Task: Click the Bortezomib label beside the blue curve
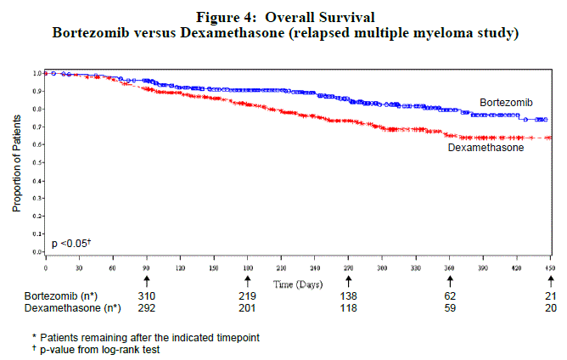(x=506, y=103)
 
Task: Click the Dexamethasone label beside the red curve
(x=486, y=147)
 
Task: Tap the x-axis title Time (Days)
(x=297, y=282)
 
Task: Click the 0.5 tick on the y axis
(x=36, y=162)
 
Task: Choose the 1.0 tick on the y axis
(x=36, y=73)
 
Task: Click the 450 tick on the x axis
(x=550, y=267)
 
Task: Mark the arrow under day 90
(x=146, y=279)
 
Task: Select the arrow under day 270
(x=348, y=279)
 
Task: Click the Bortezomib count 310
(x=146, y=295)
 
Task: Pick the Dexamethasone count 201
(x=248, y=307)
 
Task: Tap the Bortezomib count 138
(x=348, y=295)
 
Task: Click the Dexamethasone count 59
(x=450, y=307)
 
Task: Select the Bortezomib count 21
(x=551, y=295)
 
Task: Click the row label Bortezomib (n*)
(x=61, y=295)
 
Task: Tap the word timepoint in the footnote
(x=234, y=336)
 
